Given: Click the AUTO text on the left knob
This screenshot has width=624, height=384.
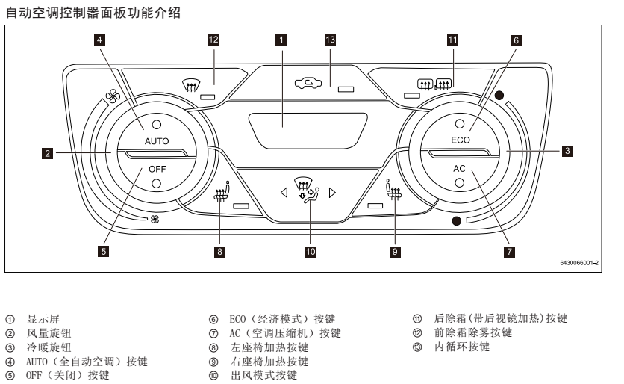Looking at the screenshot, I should tap(157, 140).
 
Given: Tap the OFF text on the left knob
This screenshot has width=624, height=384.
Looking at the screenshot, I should tap(157, 169).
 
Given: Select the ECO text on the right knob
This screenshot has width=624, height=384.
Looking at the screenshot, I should tap(461, 140).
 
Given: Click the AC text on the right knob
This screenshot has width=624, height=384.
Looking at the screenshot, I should tap(460, 169).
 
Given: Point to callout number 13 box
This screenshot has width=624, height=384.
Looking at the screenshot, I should tap(331, 40).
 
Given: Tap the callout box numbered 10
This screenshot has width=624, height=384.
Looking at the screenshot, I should tap(310, 252).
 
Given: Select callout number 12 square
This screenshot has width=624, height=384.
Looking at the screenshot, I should tap(214, 40).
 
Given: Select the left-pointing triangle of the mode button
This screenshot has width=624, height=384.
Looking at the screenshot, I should tap(284, 192).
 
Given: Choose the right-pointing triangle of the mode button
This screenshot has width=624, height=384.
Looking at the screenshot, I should tap(332, 192).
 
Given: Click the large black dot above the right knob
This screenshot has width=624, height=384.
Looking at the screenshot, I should tap(498, 96).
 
